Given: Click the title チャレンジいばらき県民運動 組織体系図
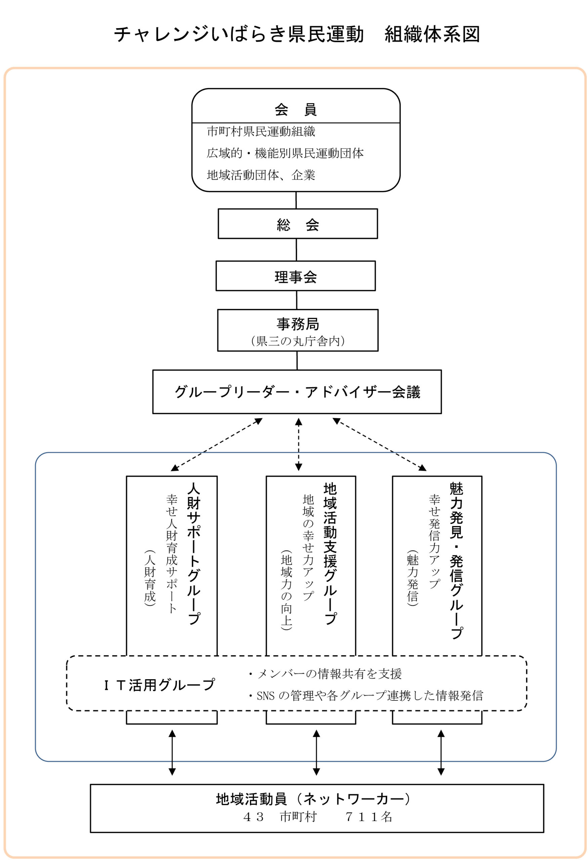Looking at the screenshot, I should click(x=297, y=34).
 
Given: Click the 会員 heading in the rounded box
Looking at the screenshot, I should click(x=295, y=110).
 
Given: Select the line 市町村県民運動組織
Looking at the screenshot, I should click(x=261, y=132).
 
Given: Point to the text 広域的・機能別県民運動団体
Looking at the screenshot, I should click(x=285, y=153).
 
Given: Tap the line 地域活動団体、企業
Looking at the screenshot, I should click(x=261, y=175).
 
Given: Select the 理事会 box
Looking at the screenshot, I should click(x=295, y=276).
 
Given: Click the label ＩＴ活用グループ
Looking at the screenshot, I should click(x=160, y=685).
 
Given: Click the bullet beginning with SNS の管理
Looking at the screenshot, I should click(x=366, y=696).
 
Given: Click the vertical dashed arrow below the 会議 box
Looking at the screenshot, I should click(x=299, y=444).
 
